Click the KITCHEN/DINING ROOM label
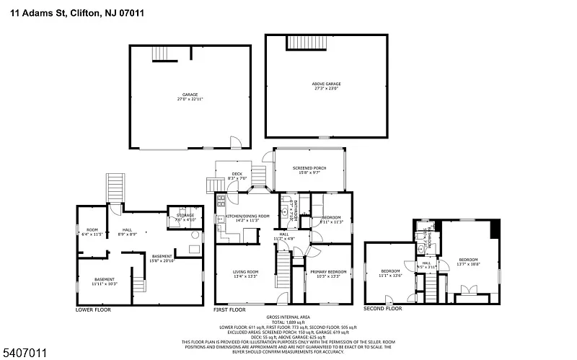pos(247,217)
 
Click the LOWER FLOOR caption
pos(93,309)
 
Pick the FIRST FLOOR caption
pos(230,309)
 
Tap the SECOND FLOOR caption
pos(382,308)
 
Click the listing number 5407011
pos(25,352)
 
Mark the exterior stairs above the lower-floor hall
pos(115,189)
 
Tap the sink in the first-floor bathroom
pos(284,203)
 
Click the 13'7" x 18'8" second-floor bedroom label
pos(468,261)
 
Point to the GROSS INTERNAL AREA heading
pos(288,317)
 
